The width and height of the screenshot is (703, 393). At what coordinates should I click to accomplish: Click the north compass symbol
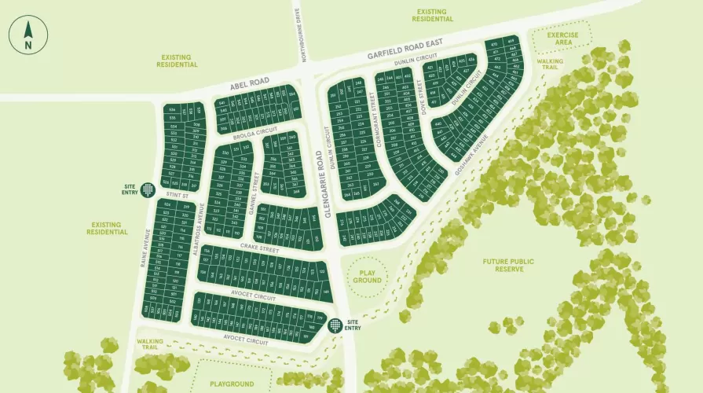(x=28, y=35)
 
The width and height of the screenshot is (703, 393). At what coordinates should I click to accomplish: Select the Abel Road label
(x=250, y=81)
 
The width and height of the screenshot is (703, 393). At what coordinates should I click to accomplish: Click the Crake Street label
(x=259, y=248)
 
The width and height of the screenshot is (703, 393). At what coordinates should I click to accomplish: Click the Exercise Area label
(x=562, y=39)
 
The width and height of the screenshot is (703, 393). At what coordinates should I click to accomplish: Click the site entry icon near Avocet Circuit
(x=336, y=324)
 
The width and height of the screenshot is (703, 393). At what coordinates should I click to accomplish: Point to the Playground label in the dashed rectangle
(x=232, y=384)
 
